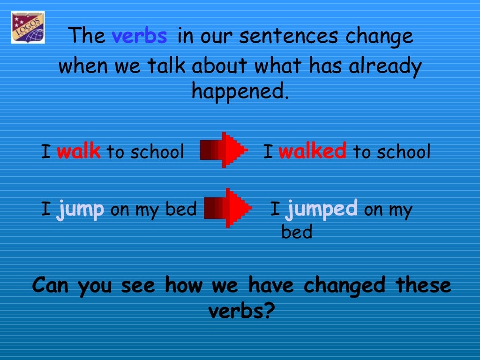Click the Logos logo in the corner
(x=28, y=28)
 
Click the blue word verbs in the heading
(x=139, y=37)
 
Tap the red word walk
(x=78, y=151)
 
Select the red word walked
(x=312, y=151)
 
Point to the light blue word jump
(x=80, y=209)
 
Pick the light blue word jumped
(x=322, y=208)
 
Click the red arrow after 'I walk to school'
(x=224, y=150)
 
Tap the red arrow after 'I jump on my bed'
(x=228, y=208)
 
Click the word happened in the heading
(x=240, y=91)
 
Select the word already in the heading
(x=385, y=66)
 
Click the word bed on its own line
(x=296, y=232)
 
